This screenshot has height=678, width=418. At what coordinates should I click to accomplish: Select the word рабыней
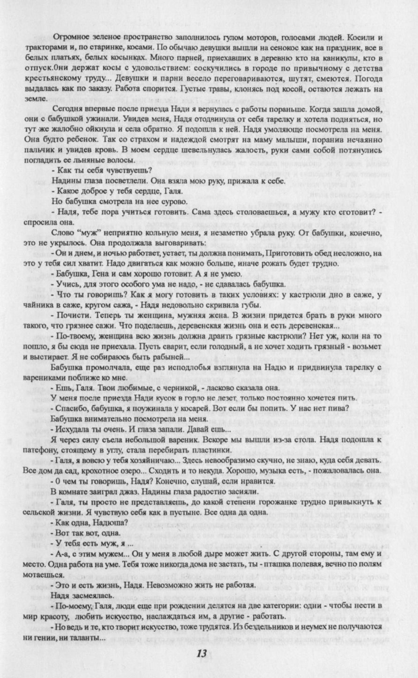158,357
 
